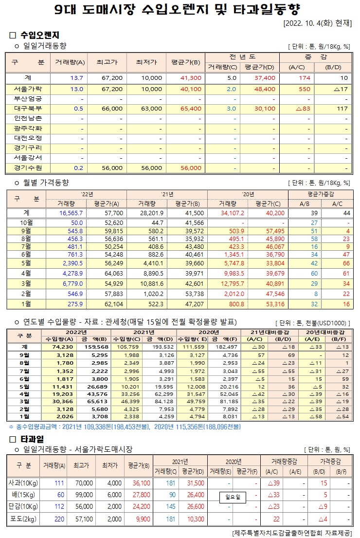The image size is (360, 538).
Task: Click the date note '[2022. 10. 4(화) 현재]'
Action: pyautogui.click(x=317, y=23)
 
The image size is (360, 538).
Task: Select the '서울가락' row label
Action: pyautogui.click(x=28, y=89)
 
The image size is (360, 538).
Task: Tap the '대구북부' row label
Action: pyautogui.click(x=28, y=108)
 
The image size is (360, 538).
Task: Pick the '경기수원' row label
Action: pyautogui.click(x=28, y=167)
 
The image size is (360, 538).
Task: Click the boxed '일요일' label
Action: pyautogui.click(x=234, y=497)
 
